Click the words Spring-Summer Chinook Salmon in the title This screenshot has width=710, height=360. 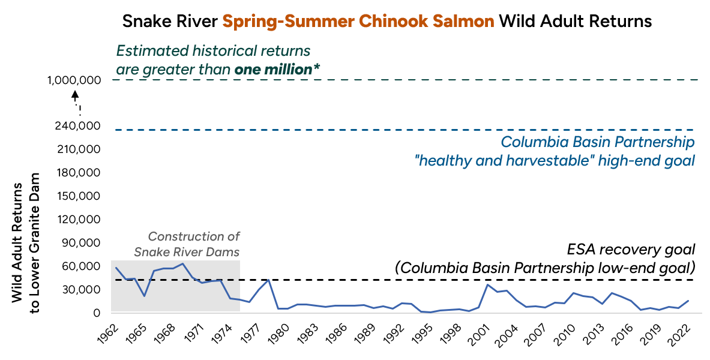pyautogui.click(x=358, y=22)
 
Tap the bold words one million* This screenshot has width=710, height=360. pyautogui.click(x=277, y=69)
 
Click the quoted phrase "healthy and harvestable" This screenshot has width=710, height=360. pyautogui.click(x=496, y=161)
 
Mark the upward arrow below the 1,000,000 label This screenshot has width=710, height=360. pyautogui.click(x=75, y=95)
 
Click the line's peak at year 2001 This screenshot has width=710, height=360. pyautogui.click(x=487, y=284)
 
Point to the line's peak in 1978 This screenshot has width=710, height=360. pyautogui.click(x=268, y=279)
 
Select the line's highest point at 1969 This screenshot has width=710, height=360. pyautogui.click(x=182, y=263)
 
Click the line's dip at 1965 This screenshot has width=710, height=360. pyautogui.click(x=144, y=296)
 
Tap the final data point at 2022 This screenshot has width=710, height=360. pyautogui.click(x=688, y=301)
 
